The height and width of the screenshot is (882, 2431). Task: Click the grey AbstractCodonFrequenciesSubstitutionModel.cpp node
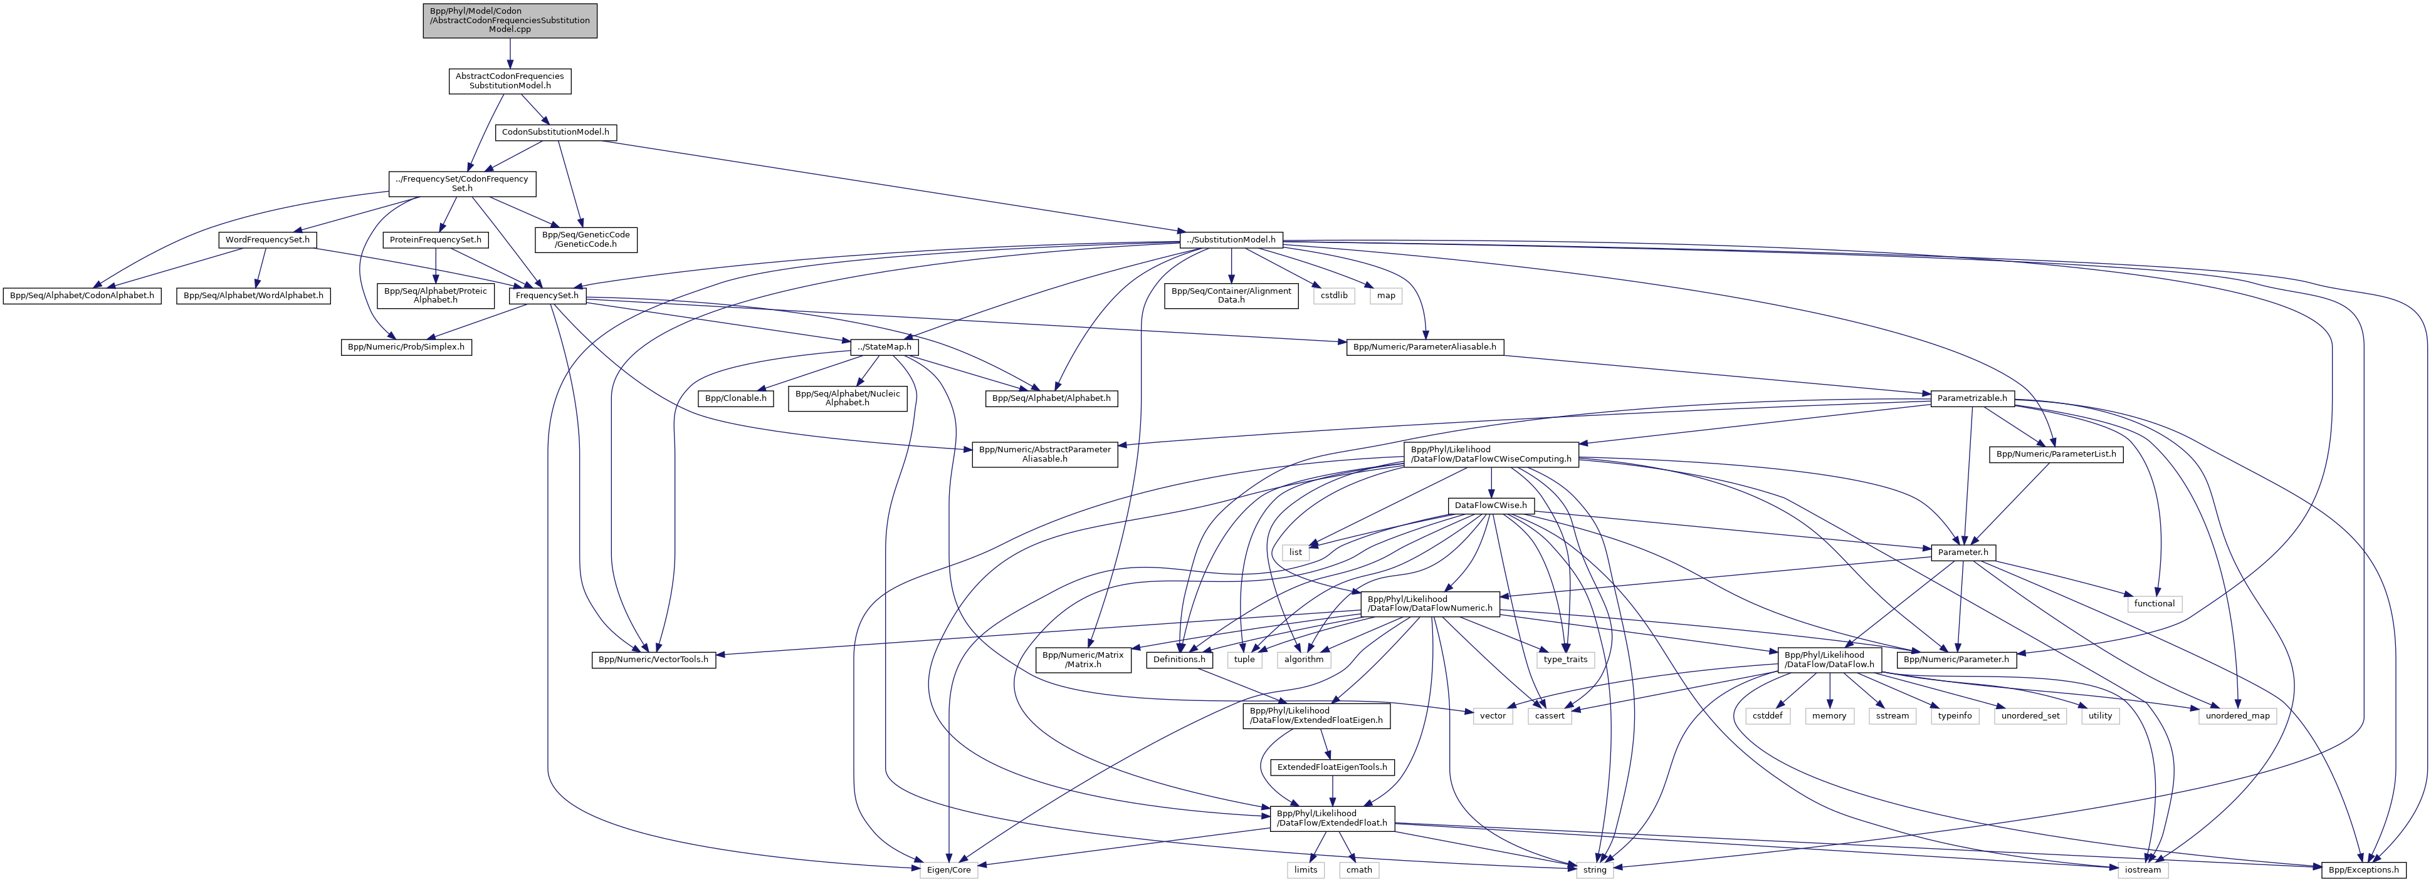tap(510, 20)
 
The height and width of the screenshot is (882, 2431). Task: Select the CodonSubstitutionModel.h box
tap(556, 132)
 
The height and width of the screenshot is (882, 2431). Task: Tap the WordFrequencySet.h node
tap(267, 239)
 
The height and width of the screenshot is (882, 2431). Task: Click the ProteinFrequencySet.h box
tap(435, 239)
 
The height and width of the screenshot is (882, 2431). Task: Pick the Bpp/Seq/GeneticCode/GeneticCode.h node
tap(585, 239)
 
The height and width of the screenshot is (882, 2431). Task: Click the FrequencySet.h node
tap(547, 295)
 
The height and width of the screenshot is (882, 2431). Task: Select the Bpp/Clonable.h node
tap(736, 398)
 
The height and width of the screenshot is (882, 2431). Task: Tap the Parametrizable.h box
tap(1972, 398)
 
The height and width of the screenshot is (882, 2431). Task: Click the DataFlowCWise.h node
tap(1490, 506)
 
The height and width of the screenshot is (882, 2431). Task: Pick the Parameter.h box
tap(1963, 552)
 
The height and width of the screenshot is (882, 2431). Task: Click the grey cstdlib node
tap(1333, 295)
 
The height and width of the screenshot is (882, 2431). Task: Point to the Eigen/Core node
tap(947, 869)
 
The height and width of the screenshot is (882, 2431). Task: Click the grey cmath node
tap(1359, 869)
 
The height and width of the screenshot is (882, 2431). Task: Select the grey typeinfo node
tap(1955, 716)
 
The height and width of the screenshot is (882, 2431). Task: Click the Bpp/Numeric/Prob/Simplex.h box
tap(406, 347)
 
